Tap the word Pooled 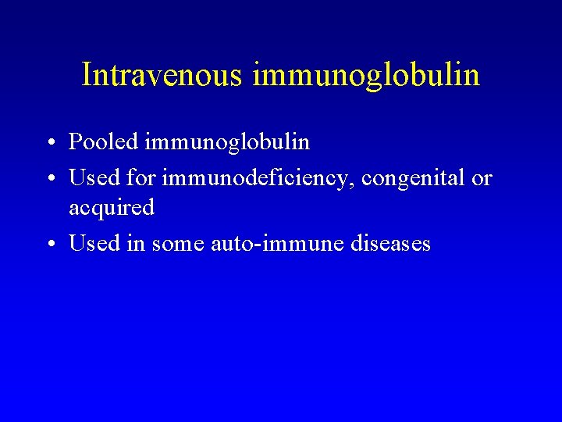[x=104, y=142]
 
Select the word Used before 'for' [x=94, y=178]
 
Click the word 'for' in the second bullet [x=141, y=178]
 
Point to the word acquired [x=112, y=209]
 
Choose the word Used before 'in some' [x=94, y=243]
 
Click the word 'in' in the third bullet [x=136, y=243]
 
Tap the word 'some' [x=177, y=244]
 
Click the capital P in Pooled [x=76, y=142]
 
